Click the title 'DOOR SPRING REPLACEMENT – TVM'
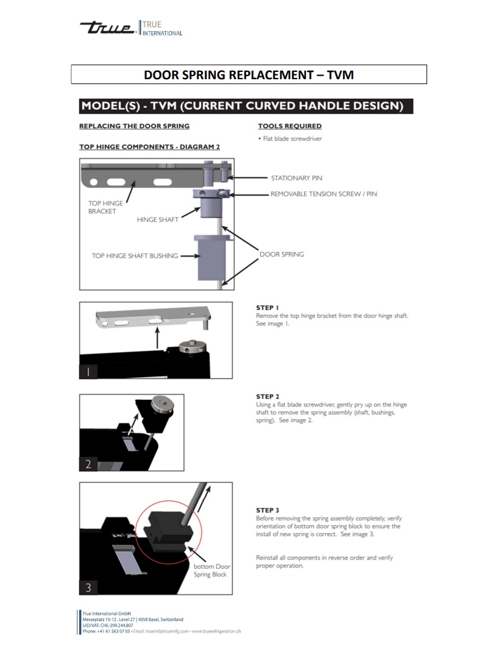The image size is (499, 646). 249,74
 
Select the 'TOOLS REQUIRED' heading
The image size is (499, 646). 289,126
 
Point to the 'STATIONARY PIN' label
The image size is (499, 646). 296,178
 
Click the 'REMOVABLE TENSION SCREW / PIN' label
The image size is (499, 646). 323,194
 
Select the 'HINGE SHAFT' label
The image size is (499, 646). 157,219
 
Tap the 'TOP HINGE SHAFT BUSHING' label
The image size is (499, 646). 135,256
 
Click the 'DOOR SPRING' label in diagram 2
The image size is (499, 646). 281,254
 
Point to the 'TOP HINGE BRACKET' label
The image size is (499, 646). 105,207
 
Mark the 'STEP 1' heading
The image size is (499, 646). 267,308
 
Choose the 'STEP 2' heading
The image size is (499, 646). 267,397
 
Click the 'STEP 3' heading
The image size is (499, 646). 267,510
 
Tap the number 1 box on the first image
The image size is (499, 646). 88,372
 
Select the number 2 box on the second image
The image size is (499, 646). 88,464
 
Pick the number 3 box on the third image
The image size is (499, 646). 88,587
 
